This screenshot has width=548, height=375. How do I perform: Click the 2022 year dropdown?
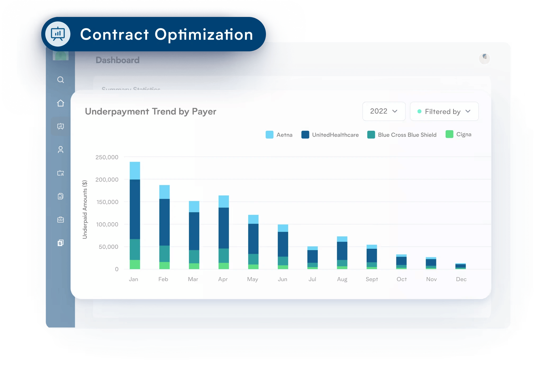click(x=384, y=111)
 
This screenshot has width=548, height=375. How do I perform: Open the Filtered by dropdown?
click(x=444, y=111)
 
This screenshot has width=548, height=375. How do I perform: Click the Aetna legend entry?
click(x=279, y=135)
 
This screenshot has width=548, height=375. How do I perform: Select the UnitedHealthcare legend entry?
click(x=330, y=135)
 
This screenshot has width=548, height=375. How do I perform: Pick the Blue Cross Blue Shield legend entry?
click(x=402, y=135)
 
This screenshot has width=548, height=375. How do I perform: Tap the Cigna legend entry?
click(x=459, y=134)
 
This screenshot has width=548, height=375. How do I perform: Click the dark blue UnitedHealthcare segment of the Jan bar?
click(x=135, y=209)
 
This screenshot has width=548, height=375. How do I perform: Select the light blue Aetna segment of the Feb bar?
click(x=165, y=192)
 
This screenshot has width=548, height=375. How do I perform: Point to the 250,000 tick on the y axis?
click(x=107, y=157)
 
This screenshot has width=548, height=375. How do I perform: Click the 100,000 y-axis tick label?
click(x=107, y=224)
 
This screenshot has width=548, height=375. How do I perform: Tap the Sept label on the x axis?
click(x=372, y=279)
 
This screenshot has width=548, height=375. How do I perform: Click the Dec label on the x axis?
click(x=461, y=279)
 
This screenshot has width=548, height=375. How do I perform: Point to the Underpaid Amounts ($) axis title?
click(x=85, y=209)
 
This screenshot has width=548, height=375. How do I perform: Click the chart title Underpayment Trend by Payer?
click(x=151, y=111)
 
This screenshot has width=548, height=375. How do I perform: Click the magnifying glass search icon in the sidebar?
click(x=61, y=80)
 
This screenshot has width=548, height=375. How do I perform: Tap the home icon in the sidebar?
click(x=61, y=103)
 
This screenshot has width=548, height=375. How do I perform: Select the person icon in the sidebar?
click(x=61, y=150)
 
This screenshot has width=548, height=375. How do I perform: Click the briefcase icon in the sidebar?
click(x=61, y=220)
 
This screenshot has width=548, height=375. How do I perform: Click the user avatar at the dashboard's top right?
click(x=484, y=58)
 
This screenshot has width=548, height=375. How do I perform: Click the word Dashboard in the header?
click(x=117, y=60)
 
